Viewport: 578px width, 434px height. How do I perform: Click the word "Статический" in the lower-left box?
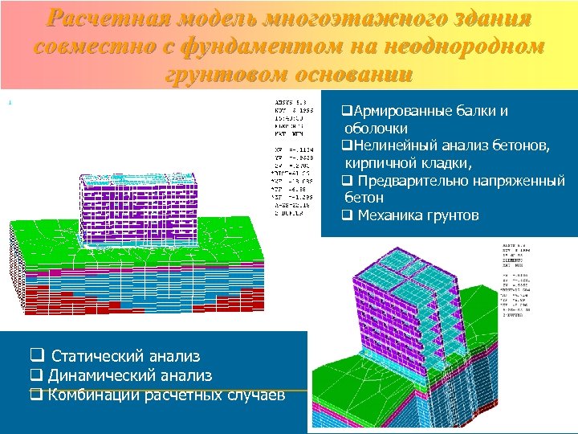tap(97, 356)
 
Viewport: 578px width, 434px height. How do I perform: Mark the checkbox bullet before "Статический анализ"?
tap(35, 356)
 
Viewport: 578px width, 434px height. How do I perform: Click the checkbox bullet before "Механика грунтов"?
tap(346, 215)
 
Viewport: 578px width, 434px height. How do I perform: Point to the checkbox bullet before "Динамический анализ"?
tap(35, 375)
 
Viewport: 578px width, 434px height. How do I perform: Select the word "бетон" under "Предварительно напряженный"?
tap(364, 197)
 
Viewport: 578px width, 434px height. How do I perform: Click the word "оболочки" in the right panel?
tap(376, 129)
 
